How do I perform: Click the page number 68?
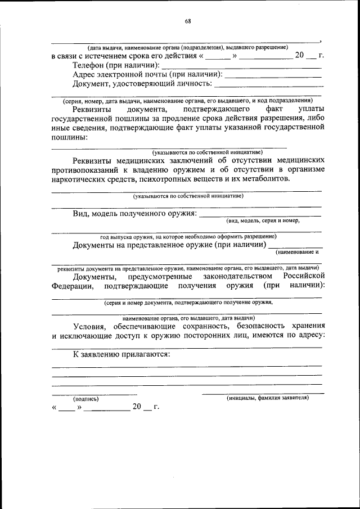[188, 21]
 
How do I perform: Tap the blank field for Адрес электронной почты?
[273, 76]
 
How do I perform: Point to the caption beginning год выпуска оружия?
[188, 236]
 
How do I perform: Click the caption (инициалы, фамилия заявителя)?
[267, 398]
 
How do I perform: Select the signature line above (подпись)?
[94, 394]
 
